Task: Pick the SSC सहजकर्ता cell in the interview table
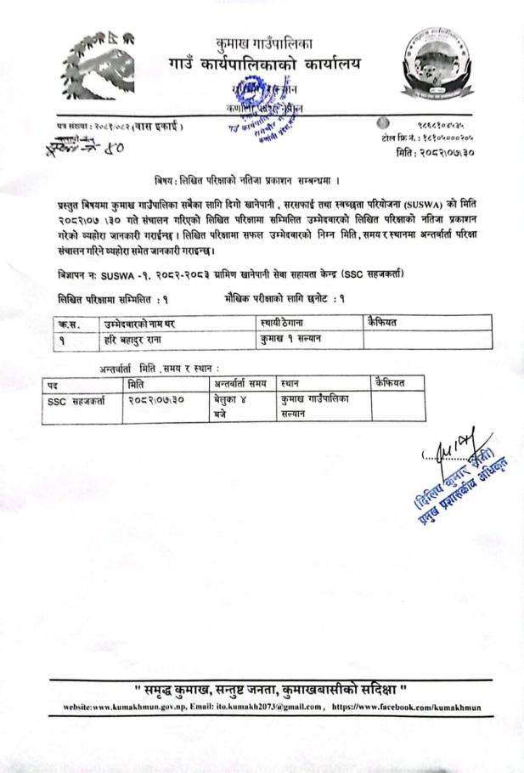point(75,399)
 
